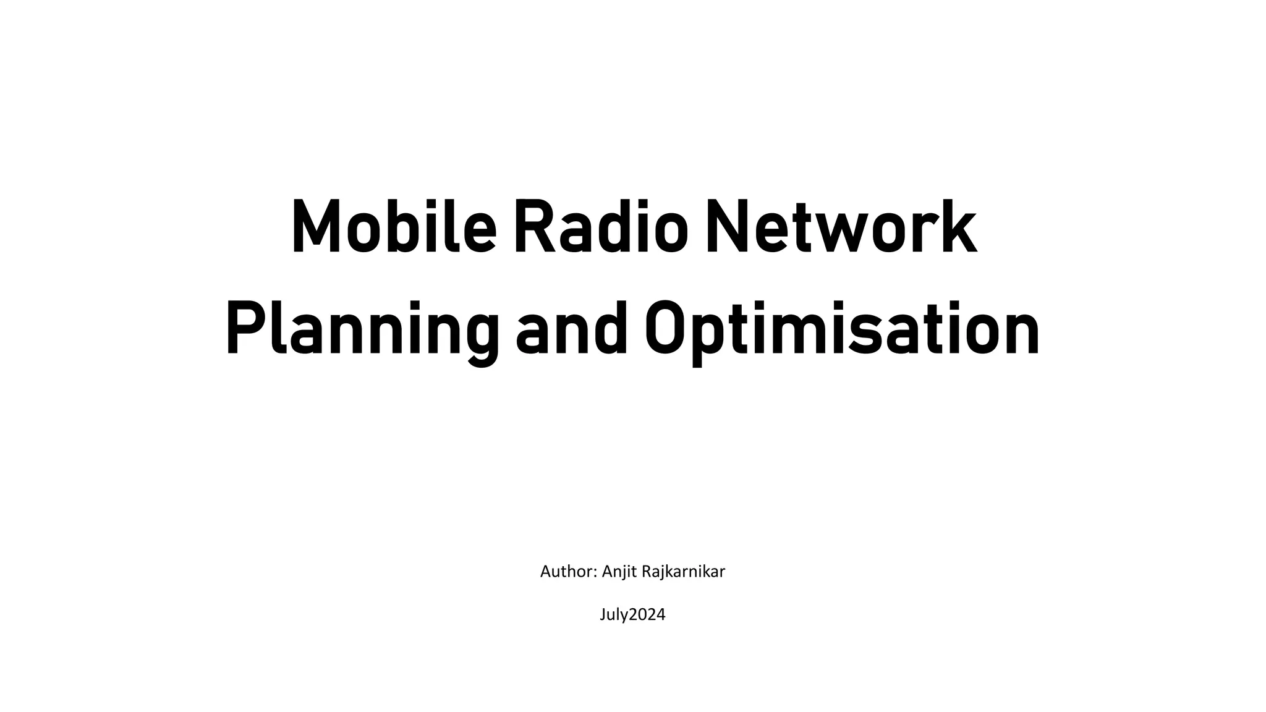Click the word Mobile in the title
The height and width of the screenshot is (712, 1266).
tap(394, 227)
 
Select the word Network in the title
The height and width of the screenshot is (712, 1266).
tap(841, 227)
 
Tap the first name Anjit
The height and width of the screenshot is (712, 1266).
tap(620, 572)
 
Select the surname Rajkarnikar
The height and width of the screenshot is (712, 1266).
tap(684, 572)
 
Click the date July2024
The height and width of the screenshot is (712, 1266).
tap(632, 614)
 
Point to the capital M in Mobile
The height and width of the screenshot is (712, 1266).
tap(316, 227)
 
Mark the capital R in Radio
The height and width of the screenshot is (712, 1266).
tap(533, 227)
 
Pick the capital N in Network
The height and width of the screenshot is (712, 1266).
tap(726, 227)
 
